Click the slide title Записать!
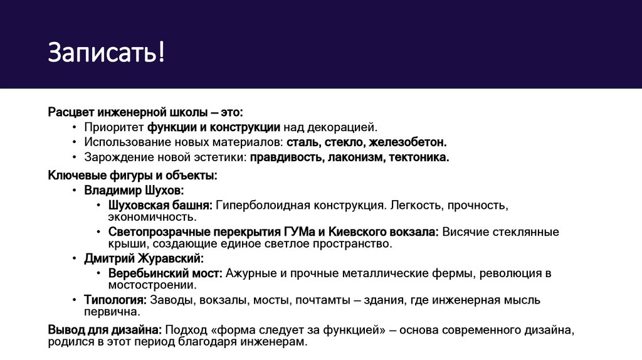pyautogui.click(x=107, y=53)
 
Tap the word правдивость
pyautogui.click(x=286, y=157)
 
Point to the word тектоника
pyautogui.click(x=419, y=157)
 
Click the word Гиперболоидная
pyautogui.click(x=263, y=205)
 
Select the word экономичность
pyautogui.click(x=152, y=217)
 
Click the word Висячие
pyautogui.click(x=463, y=232)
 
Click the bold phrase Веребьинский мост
pyautogui.click(x=165, y=273)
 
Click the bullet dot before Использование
pyautogui.click(x=75, y=143)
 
